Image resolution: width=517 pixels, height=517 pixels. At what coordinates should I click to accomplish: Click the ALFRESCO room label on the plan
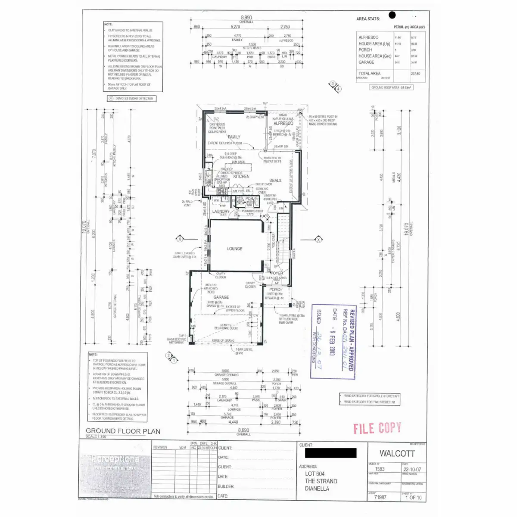283,123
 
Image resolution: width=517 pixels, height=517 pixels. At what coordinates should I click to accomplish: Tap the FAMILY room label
234,137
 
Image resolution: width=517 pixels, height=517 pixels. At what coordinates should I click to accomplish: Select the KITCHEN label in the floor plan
241,176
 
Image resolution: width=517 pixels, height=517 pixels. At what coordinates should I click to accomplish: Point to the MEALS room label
275,181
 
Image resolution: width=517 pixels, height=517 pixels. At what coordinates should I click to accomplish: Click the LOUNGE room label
235,249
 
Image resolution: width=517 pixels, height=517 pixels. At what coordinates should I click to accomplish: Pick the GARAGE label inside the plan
221,297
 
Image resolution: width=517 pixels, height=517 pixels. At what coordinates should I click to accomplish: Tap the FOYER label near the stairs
277,273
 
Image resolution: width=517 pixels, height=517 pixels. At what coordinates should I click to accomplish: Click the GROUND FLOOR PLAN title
123,431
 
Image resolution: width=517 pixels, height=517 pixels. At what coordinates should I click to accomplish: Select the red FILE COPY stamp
377,428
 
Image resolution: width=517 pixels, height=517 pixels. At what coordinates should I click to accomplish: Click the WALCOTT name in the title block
397,453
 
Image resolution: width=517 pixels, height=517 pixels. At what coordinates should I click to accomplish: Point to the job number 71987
380,497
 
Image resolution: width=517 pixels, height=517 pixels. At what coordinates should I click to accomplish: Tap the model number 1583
380,469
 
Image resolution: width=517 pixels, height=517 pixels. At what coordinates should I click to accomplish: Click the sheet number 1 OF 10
413,498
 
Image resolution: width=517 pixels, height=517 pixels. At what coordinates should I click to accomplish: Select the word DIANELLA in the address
317,489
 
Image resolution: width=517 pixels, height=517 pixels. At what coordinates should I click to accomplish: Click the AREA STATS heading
368,19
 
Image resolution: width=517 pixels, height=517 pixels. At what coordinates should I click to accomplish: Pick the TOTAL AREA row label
369,74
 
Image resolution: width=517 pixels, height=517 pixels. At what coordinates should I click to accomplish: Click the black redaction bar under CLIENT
330,453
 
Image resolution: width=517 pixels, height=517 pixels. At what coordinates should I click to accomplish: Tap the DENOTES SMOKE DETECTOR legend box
132,99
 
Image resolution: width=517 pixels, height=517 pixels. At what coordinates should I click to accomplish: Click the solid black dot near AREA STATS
392,15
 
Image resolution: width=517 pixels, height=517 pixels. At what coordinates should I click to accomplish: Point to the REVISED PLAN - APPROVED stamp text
351,340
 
